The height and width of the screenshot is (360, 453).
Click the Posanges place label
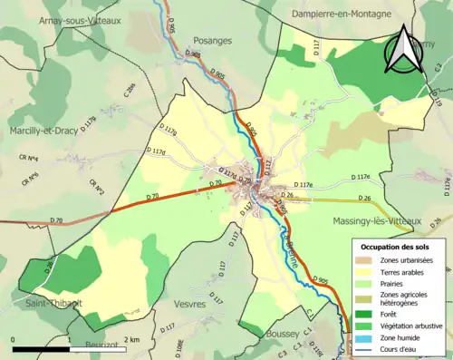tap(213, 41)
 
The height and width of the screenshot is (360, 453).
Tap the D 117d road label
tap(158, 152)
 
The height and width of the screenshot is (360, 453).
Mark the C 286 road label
tap(129, 90)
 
